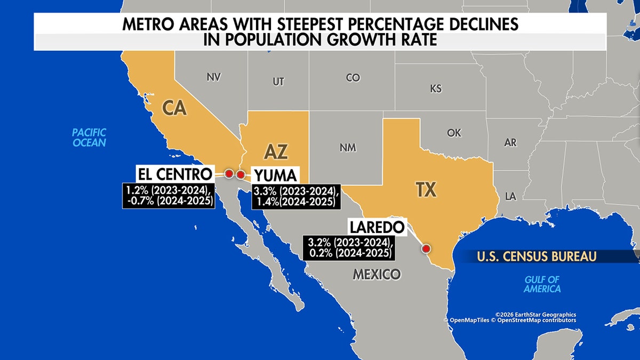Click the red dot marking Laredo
pyautogui.click(x=426, y=248)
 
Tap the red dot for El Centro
pyautogui.click(x=229, y=174)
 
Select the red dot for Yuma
pyautogui.click(x=240, y=174)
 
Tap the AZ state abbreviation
pyautogui.click(x=276, y=152)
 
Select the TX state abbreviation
pyautogui.click(x=429, y=189)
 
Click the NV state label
pyautogui.click(x=213, y=77)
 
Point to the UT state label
pyautogui.click(x=278, y=82)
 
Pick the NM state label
pyautogui.click(x=348, y=147)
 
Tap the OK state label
pyautogui.click(x=454, y=133)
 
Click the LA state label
pyautogui.click(x=510, y=197)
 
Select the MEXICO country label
pyautogui.click(x=376, y=275)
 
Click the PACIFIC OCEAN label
pyautogui.click(x=90, y=137)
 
